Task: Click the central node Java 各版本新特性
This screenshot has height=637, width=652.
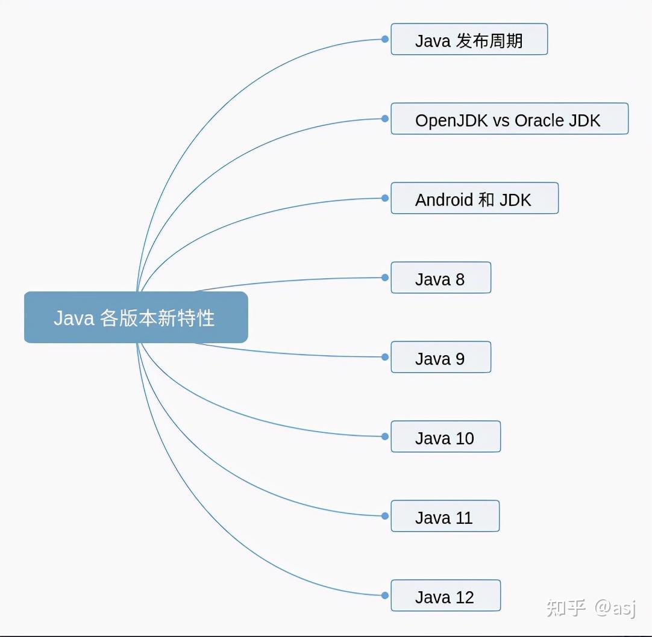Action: point(136,317)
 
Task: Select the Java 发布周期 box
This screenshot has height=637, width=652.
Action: point(469,40)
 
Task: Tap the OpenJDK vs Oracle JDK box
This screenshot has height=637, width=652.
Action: point(509,119)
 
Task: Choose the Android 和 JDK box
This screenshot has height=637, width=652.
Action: point(474,199)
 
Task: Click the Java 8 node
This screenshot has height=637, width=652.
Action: point(440,278)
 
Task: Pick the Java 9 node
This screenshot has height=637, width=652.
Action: point(440,358)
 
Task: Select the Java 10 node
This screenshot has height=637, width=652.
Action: point(445,437)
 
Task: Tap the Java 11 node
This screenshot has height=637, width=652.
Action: point(445,517)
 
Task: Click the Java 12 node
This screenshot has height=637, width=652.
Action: point(445,596)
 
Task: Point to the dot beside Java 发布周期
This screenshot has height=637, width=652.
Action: point(384,39)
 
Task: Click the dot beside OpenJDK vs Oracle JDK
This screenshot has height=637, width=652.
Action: point(384,119)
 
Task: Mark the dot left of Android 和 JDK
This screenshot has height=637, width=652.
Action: point(384,198)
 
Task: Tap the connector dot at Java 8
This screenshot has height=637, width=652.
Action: point(384,278)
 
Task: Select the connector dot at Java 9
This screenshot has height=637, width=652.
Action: point(384,357)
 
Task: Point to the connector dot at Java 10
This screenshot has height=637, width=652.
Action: point(384,437)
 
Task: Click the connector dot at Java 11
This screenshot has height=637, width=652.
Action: point(384,516)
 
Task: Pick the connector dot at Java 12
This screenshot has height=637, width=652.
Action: point(384,595)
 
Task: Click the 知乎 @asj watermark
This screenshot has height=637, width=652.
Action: point(591,608)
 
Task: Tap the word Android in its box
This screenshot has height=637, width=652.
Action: point(444,199)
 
